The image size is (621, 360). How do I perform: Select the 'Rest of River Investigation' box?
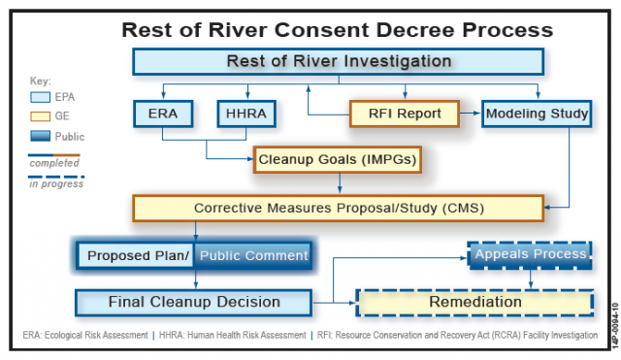339,62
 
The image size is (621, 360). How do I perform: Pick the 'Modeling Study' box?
537,115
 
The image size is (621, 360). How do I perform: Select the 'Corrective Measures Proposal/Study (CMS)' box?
339,208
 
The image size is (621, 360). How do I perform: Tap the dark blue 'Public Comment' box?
252,256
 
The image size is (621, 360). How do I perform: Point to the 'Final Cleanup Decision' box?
193,302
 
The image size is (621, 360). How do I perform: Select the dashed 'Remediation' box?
474,302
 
